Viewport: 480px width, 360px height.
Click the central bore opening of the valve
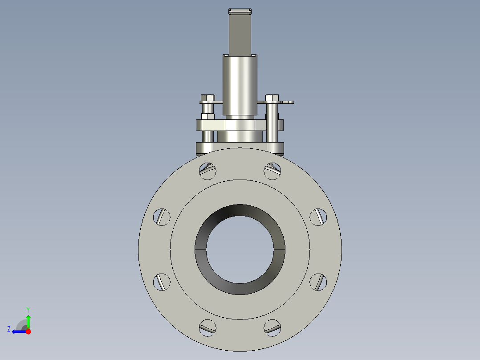coord(240,250)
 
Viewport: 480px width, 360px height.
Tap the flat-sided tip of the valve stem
coord(240,12)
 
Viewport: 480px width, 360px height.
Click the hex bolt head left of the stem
coord(207,98)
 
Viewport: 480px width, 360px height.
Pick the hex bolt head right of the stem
coord(272,98)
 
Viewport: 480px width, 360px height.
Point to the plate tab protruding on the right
coord(287,102)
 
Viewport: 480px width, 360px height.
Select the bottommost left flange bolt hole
coord(207,327)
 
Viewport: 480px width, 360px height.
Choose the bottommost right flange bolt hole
coord(273,327)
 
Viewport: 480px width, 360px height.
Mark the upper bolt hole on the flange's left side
coord(162,217)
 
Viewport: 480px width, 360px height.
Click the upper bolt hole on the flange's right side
coord(318,217)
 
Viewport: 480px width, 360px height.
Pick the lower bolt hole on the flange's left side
coord(162,282)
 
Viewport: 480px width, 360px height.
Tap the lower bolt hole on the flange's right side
coord(318,282)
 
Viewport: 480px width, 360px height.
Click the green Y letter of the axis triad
coord(28,309)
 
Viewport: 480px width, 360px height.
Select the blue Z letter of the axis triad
coord(9,329)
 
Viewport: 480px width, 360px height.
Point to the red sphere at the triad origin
coord(28,331)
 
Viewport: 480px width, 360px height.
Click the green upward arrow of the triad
coord(28,321)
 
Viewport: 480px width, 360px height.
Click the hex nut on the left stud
coord(207,117)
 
